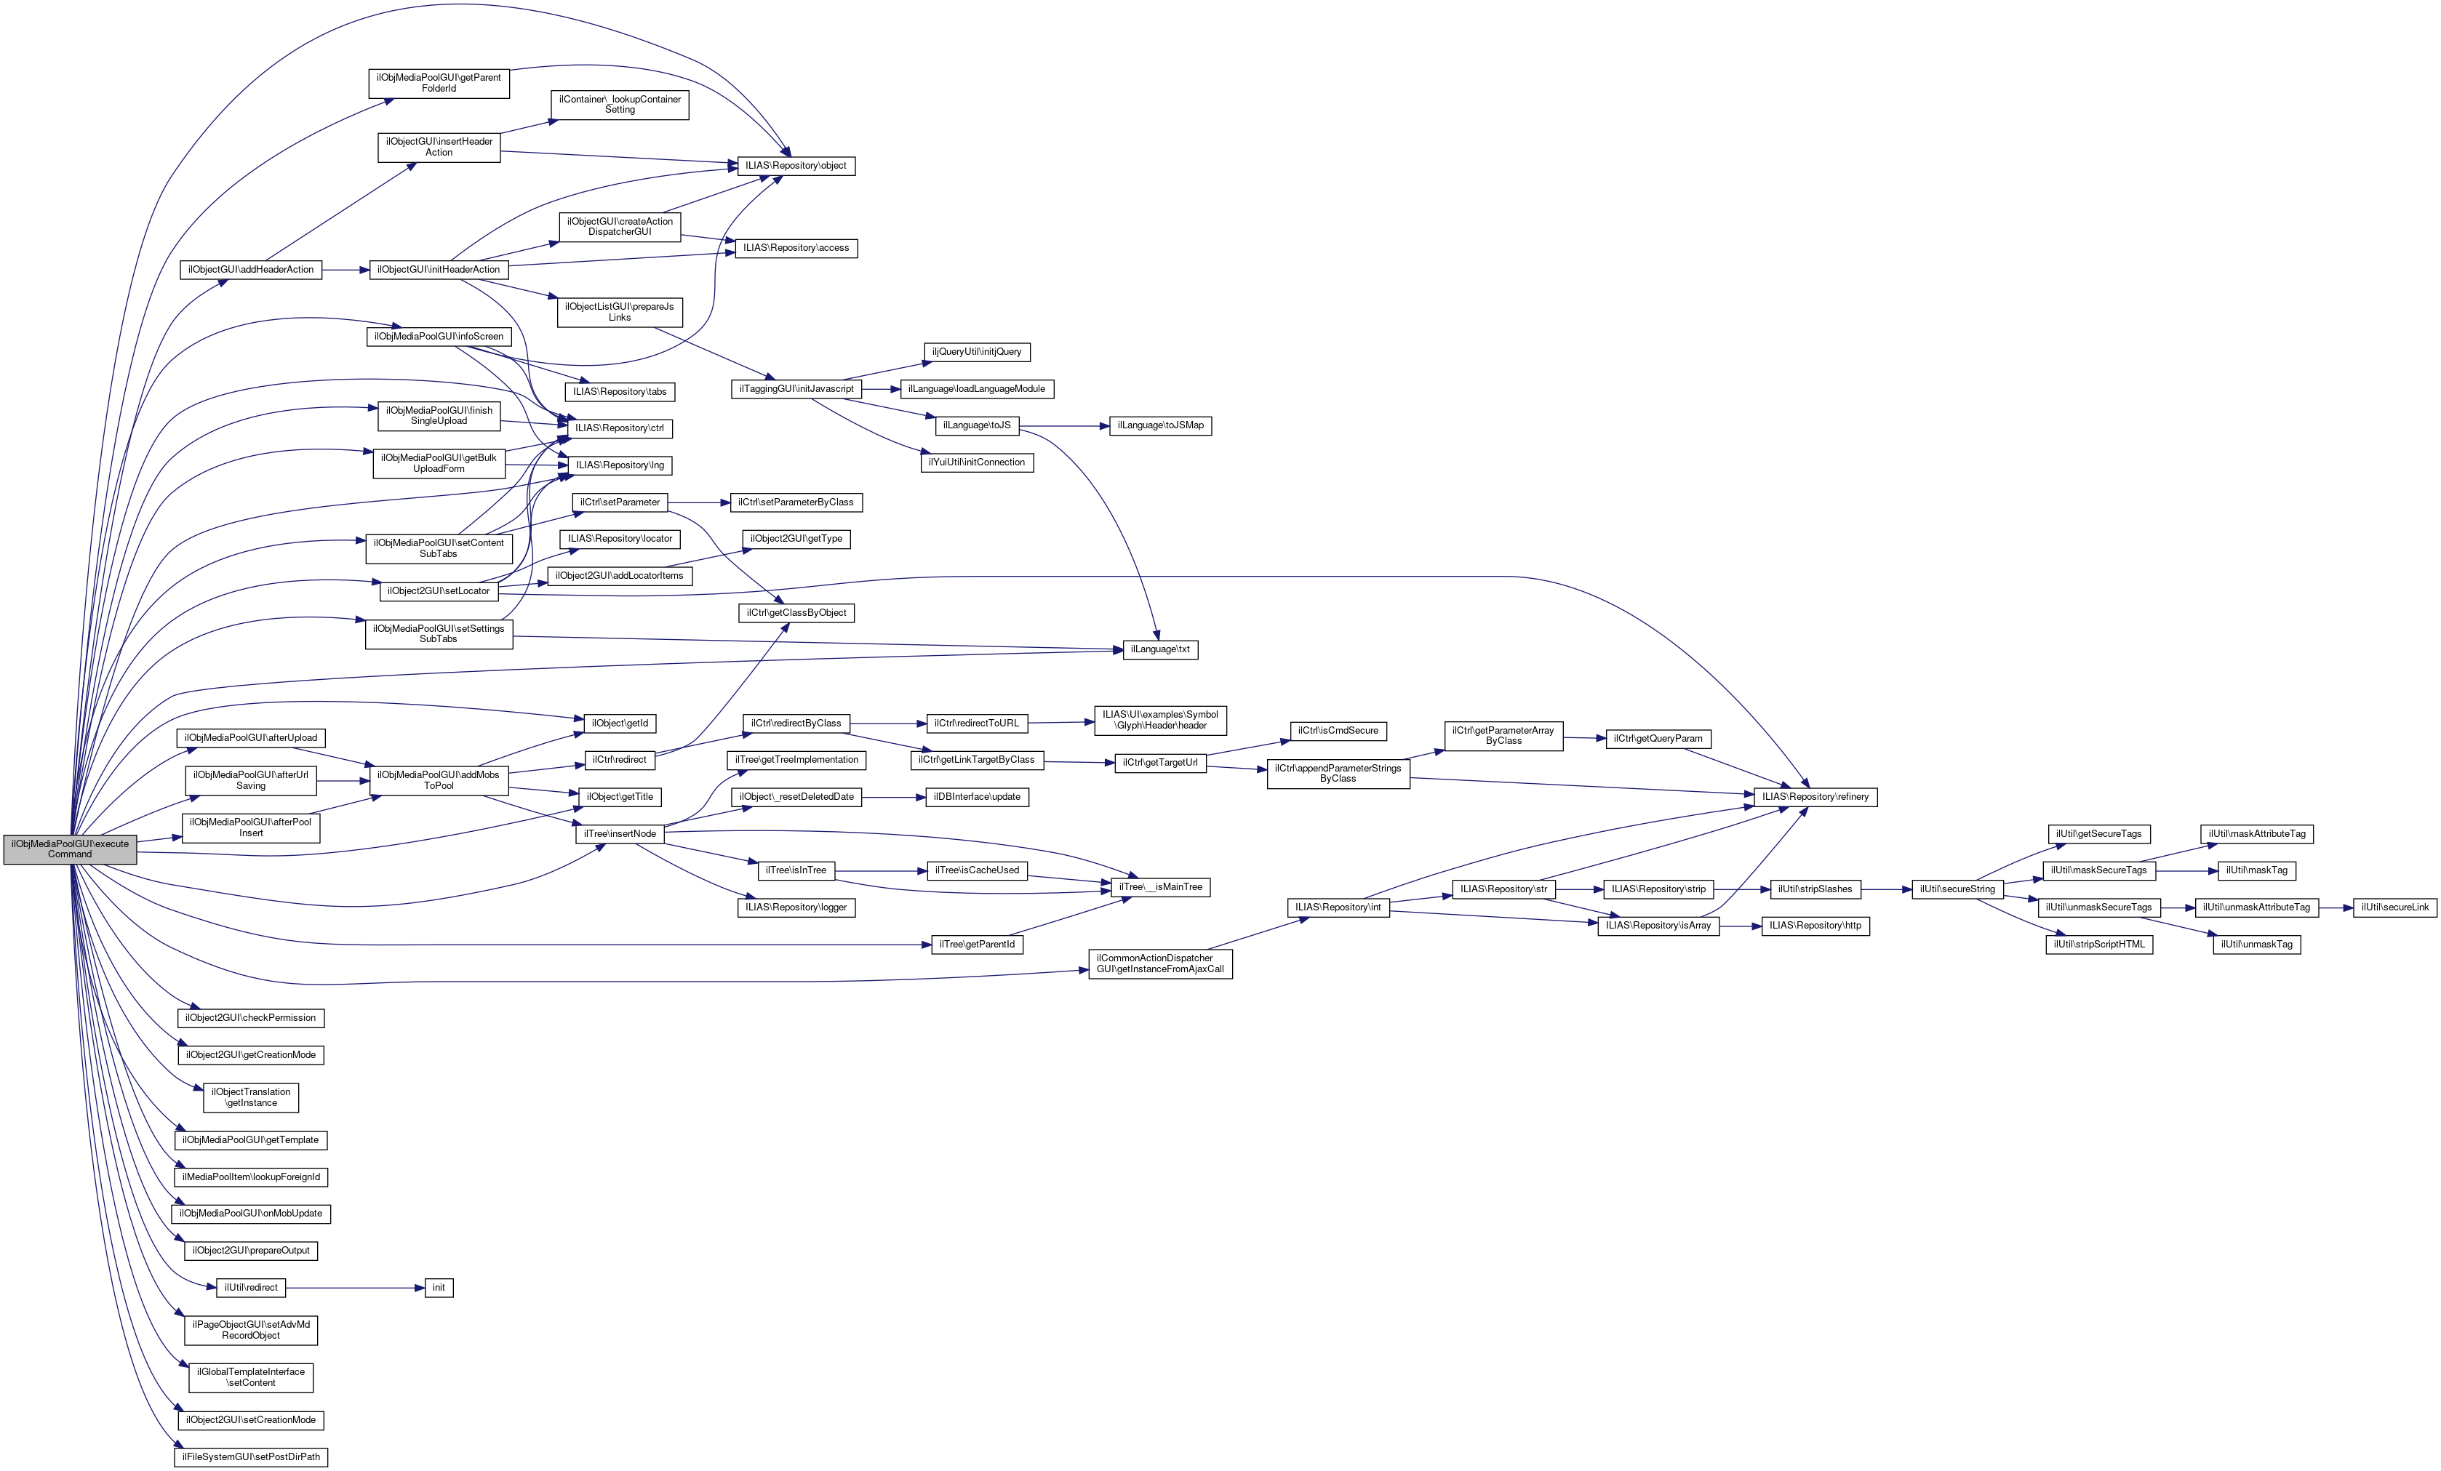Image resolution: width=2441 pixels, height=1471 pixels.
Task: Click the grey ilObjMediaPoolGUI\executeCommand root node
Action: (69, 849)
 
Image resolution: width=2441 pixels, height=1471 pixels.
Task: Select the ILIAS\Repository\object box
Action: (796, 166)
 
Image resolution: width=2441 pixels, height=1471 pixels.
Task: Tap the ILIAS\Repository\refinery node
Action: (1815, 796)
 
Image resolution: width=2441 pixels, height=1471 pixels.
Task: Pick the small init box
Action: (439, 1288)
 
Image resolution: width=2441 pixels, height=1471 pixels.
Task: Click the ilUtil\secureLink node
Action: (2394, 907)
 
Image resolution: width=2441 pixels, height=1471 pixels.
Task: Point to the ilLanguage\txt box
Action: (1160, 650)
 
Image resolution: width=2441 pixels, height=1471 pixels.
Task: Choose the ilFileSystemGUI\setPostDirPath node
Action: (251, 1457)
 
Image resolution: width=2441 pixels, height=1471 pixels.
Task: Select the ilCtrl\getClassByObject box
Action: (796, 613)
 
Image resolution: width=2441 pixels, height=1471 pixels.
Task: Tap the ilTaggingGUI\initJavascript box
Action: (796, 389)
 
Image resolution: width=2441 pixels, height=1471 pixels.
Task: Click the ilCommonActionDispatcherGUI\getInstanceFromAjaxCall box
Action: (1160, 964)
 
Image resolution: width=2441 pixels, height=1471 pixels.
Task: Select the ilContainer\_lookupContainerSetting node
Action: (619, 104)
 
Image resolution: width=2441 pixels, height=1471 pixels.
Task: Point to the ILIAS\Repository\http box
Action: (1815, 925)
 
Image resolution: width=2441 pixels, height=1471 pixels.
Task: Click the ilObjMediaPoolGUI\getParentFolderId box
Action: (439, 83)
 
